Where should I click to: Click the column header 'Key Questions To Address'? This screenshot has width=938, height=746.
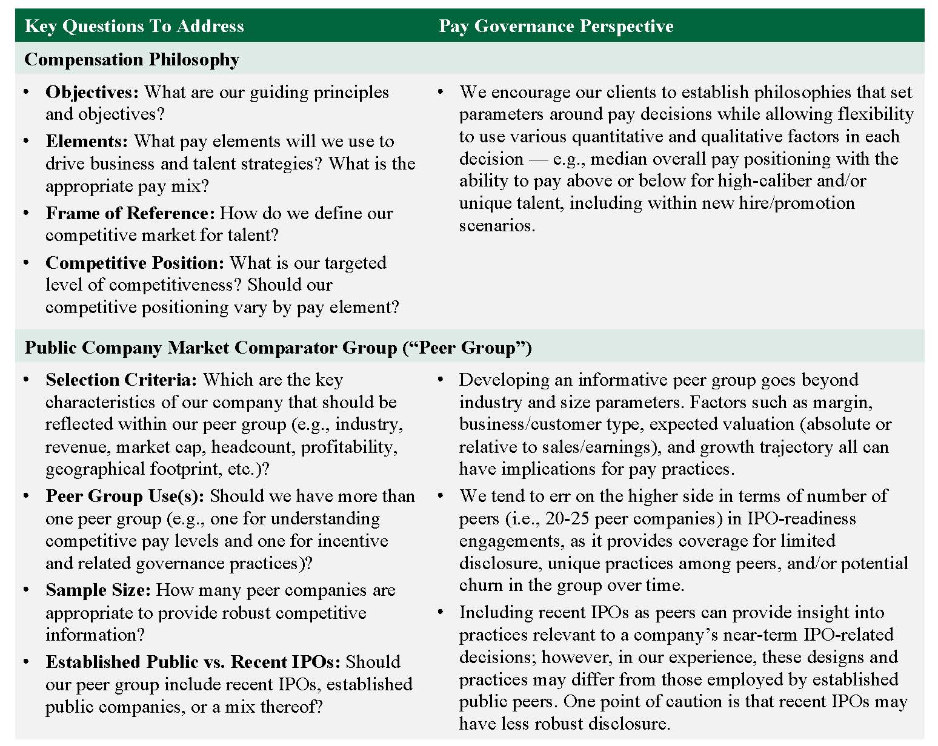coord(134,26)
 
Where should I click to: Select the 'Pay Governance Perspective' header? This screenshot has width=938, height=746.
coord(556,26)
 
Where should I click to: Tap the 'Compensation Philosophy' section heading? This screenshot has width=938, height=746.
coord(131,59)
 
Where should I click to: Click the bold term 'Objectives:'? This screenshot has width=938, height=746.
coord(92,93)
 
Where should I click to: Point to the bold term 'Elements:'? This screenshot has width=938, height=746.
coord(87,142)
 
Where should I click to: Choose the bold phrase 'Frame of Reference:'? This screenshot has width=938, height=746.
coord(130,214)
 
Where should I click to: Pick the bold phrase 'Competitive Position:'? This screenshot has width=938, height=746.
coord(135,263)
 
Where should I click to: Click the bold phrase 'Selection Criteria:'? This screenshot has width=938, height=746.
coord(121,380)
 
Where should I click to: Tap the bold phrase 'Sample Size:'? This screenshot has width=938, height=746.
coord(98,590)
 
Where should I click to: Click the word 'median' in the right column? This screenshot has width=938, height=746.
coord(617,159)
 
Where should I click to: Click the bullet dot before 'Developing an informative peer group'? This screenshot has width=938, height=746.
coord(441,380)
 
